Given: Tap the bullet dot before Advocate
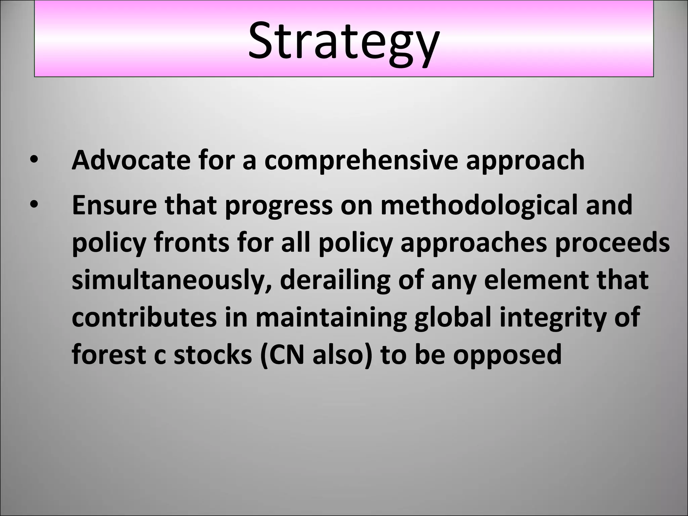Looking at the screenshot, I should [x=34, y=160].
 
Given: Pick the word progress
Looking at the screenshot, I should [x=278, y=206].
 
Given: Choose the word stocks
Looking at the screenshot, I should [x=212, y=355].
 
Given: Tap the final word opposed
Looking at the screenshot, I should [x=507, y=355].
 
